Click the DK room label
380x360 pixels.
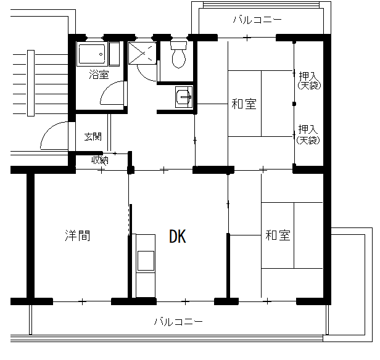point(178,236)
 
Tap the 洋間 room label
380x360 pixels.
point(78,235)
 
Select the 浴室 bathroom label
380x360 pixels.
point(99,75)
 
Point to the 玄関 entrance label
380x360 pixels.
point(93,137)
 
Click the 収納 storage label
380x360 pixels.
point(99,160)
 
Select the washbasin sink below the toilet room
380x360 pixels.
point(184,97)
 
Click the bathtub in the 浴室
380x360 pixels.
point(92,54)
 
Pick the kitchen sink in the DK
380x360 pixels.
point(146,261)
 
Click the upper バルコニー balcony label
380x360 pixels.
point(257,20)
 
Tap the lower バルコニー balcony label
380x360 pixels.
point(178,322)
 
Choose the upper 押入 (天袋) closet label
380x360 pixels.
point(308,80)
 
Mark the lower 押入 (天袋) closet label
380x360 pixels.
point(308,134)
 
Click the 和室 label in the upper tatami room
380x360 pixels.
point(244,104)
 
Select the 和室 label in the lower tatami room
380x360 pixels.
point(278,235)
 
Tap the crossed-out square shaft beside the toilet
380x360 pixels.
point(142,53)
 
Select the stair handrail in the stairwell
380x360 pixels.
point(31,83)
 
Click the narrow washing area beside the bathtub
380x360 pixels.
point(114,54)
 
